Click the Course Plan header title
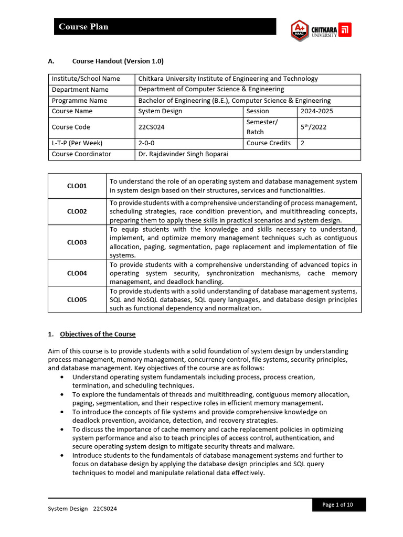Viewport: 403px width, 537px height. [x=83, y=27]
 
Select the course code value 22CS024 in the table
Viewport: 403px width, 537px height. [x=151, y=127]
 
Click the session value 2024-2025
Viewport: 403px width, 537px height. [x=316, y=111]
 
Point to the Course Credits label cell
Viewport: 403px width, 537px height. [x=268, y=143]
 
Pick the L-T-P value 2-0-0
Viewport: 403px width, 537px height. [x=149, y=143]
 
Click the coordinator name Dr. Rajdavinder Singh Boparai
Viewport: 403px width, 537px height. [x=183, y=154]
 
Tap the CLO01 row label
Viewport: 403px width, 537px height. [x=77, y=186]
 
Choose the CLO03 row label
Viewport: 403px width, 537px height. [x=77, y=242]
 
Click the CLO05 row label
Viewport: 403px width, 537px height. [x=77, y=300]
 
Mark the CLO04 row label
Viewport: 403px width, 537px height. [x=77, y=273]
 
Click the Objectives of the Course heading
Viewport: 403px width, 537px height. [x=98, y=334]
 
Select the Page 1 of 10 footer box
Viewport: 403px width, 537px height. [x=337, y=504]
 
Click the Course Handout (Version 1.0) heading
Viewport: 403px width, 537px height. [x=118, y=61]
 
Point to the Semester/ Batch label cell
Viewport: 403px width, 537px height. [x=262, y=127]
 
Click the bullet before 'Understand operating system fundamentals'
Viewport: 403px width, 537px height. [x=63, y=377]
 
